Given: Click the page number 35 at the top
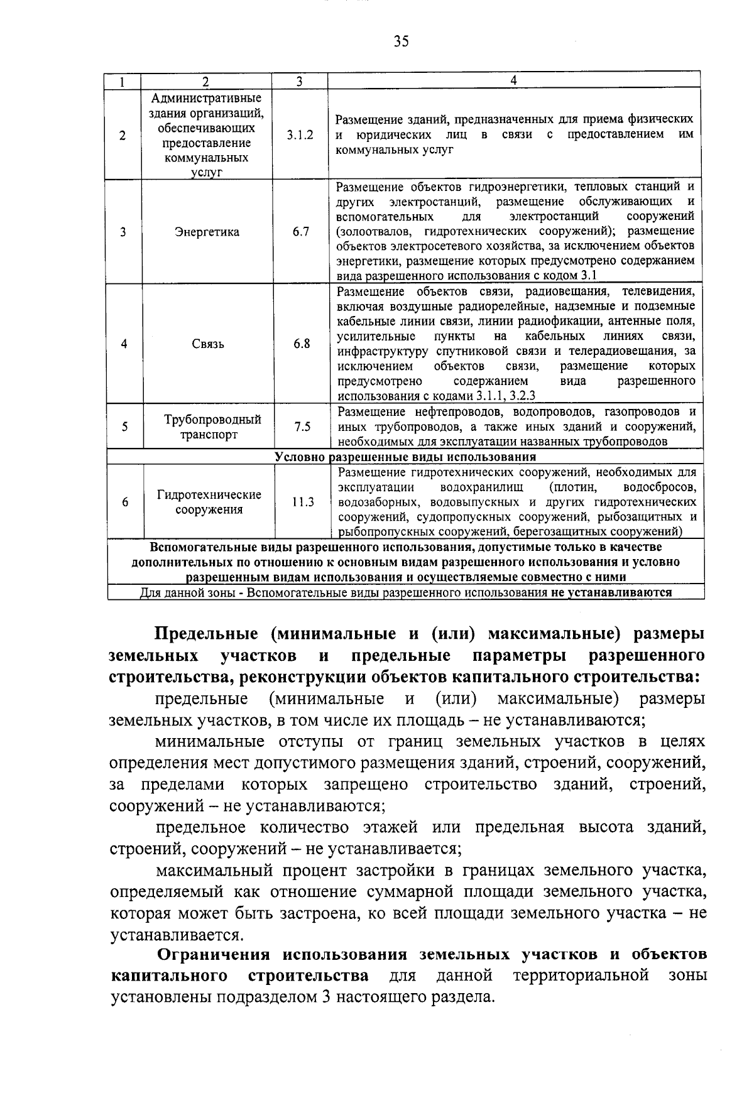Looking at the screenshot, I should click(401, 41).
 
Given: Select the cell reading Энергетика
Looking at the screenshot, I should click(207, 232).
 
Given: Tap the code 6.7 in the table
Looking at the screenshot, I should click(301, 232).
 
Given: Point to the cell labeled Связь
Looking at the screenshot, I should click(207, 344).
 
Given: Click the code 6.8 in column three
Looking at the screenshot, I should click(302, 344).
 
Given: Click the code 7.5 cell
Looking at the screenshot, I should click(302, 427).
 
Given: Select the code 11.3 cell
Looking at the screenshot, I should click(302, 503).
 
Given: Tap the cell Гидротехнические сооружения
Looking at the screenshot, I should click(209, 502).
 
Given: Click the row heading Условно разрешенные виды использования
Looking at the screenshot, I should click(405, 457).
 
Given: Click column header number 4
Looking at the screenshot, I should click(513, 80).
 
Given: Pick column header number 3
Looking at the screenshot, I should click(299, 81).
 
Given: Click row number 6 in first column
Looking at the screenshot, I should click(125, 503).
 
